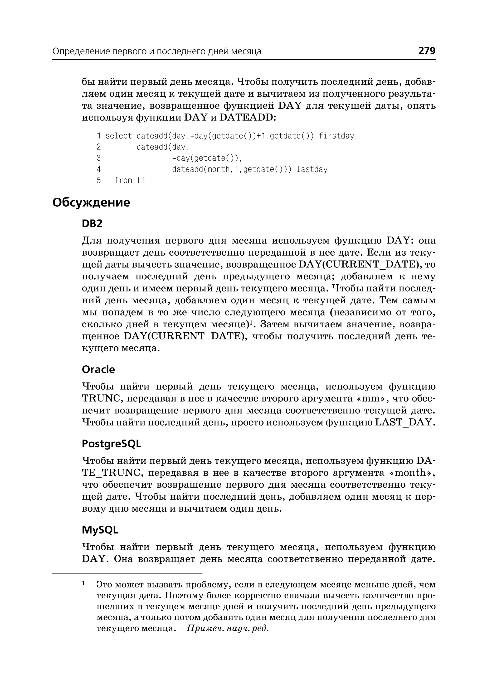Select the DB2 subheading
click(92, 224)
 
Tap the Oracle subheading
click(98, 369)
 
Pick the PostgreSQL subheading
click(111, 444)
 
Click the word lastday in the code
click(312, 170)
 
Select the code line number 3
click(99, 158)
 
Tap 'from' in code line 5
click(123, 180)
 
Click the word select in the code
click(119, 136)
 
